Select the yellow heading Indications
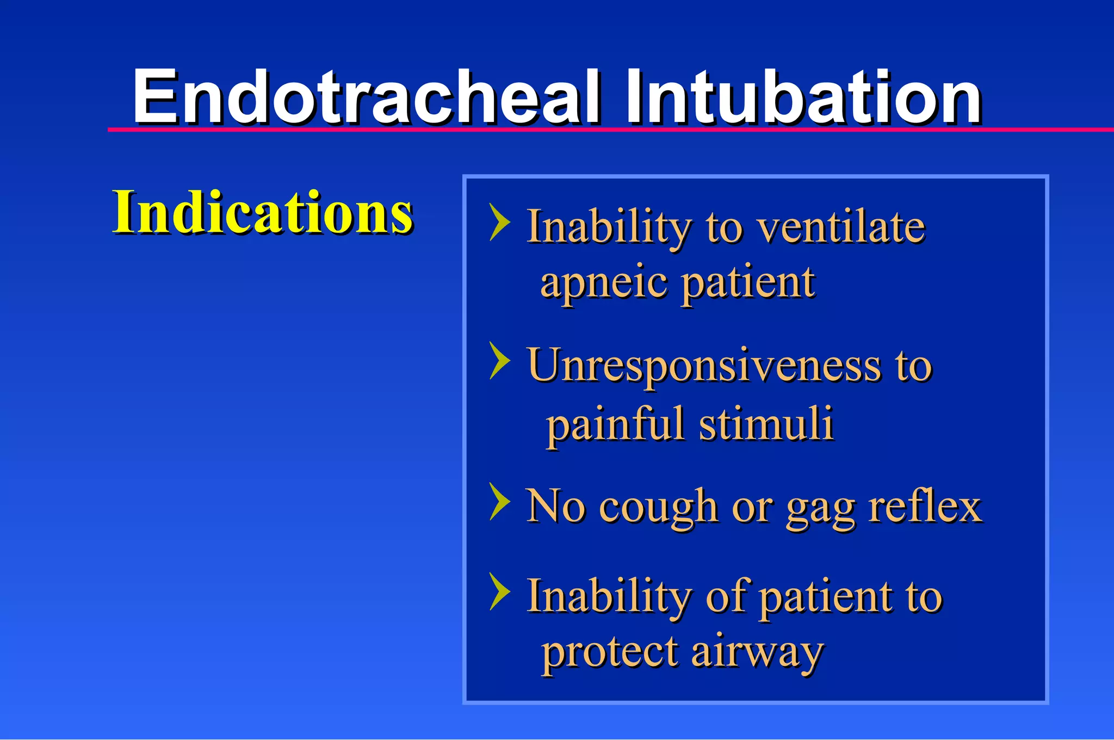coord(262,212)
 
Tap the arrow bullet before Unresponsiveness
coord(499,360)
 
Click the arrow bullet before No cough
coord(499,501)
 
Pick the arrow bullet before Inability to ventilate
coord(499,222)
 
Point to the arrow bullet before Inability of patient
coord(499,591)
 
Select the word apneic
coord(603,283)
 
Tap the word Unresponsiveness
coord(703,366)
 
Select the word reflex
coord(925,506)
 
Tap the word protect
coord(609,653)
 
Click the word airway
coord(757,653)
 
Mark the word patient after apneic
coord(747,283)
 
